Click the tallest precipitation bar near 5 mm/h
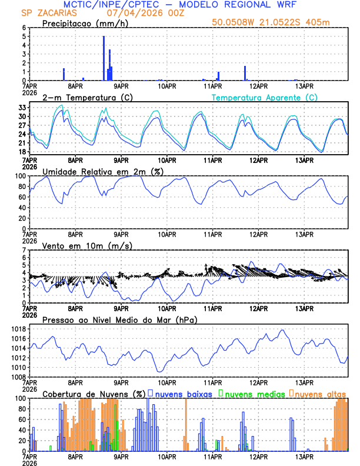pyautogui.click(x=104, y=58)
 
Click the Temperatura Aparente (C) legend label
pyautogui.click(x=265, y=97)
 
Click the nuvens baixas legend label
pyautogui.click(x=183, y=394)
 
